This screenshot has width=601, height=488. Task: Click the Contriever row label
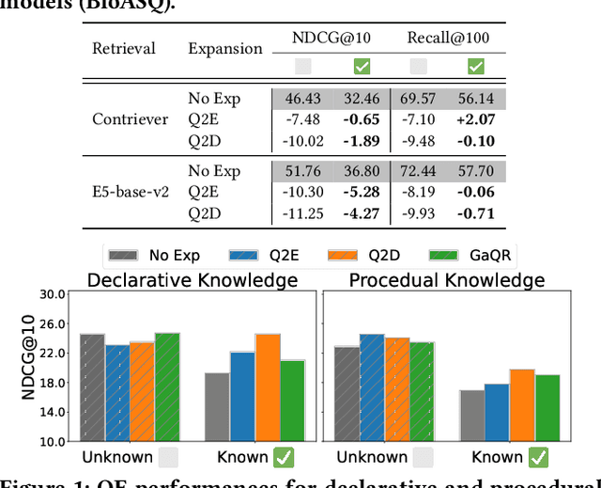coord(131,119)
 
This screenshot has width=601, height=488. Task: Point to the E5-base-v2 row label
coord(131,192)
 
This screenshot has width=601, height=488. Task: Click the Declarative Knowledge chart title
coord(193,280)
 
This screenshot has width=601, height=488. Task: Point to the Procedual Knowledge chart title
coord(446,280)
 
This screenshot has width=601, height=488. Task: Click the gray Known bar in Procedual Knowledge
coord(473,416)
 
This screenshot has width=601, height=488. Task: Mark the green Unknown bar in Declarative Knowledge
coord(166,386)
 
